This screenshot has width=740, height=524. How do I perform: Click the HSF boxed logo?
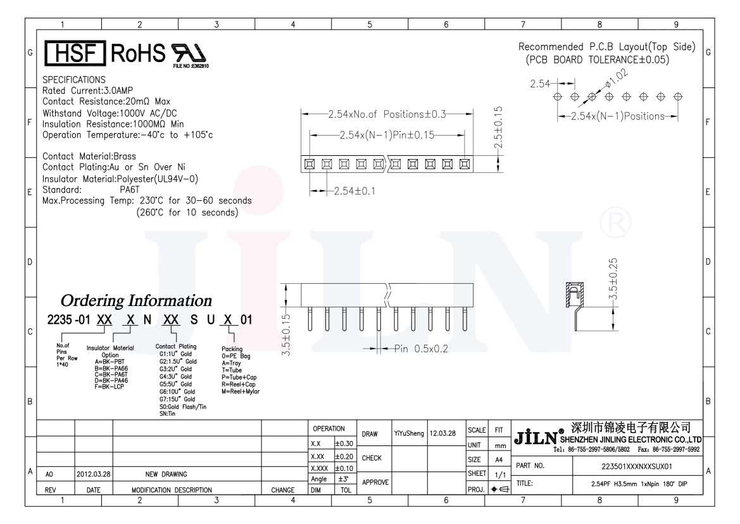click(75, 53)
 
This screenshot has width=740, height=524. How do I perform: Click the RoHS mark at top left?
click(138, 53)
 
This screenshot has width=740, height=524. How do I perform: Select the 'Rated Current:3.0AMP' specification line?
click(88, 90)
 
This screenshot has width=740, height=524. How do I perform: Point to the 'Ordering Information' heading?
click(136, 300)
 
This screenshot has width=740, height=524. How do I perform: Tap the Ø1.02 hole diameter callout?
click(617, 78)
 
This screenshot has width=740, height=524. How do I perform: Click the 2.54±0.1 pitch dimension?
click(354, 191)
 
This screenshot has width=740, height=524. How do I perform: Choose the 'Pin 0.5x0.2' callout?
click(421, 348)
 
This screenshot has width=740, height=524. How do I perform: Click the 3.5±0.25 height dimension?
click(613, 279)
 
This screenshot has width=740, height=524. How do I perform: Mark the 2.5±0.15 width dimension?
click(498, 127)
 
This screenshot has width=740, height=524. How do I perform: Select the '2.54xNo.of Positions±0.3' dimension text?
click(387, 114)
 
